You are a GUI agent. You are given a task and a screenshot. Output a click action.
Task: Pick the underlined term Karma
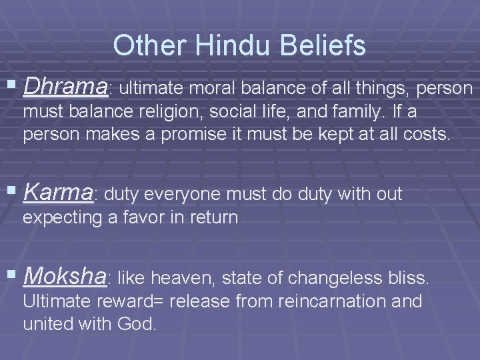[59, 193]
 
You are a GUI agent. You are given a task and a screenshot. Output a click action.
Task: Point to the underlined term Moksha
[64, 275]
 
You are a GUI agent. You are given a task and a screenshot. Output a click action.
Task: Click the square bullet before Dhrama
[13, 86]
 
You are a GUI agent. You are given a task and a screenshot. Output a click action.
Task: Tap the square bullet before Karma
[13, 193]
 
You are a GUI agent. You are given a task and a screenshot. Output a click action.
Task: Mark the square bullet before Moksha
[13, 275]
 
